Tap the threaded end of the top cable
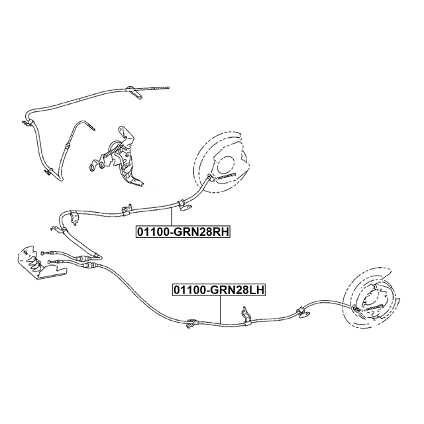tap(160, 87)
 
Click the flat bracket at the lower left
tap(33, 264)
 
